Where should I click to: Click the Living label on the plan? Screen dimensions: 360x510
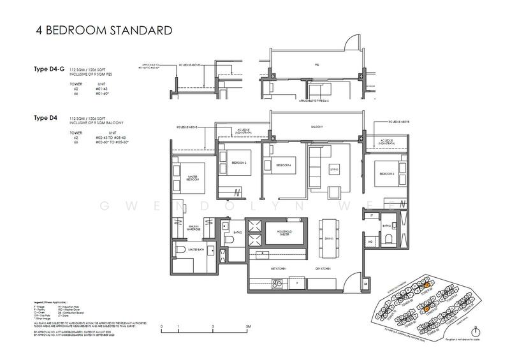tap(333, 168)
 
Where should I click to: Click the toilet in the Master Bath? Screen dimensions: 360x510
tap(180, 249)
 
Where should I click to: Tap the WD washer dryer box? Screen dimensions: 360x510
tap(371, 242)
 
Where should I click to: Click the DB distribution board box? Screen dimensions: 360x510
tap(365, 282)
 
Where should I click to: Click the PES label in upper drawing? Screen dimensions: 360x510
tap(316, 65)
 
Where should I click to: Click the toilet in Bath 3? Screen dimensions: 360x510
tap(389, 240)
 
